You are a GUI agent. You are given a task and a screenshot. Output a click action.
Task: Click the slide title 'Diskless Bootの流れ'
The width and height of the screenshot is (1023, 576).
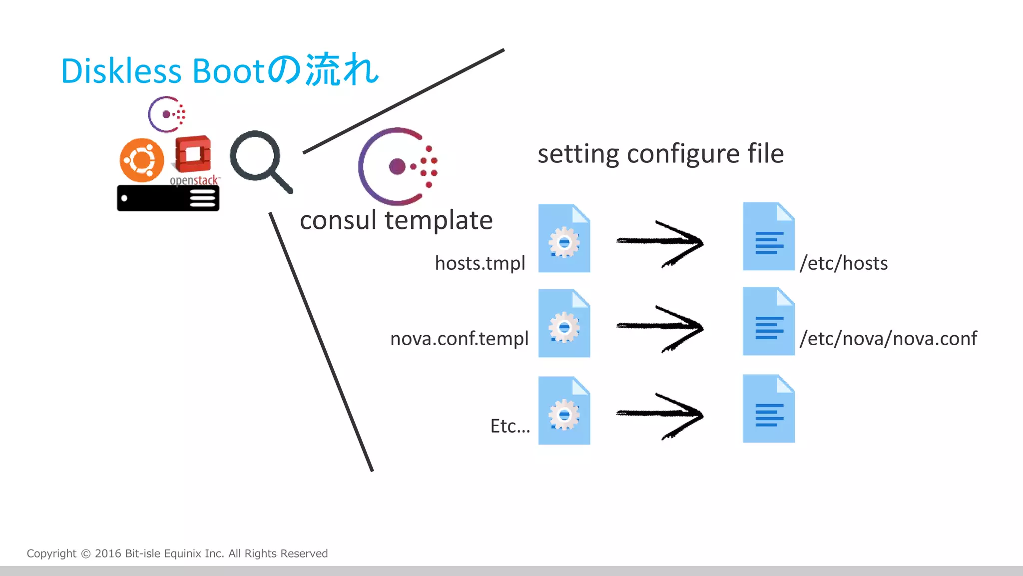coord(220,70)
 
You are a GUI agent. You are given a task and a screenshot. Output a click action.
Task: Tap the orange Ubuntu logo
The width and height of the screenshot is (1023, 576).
coord(142,160)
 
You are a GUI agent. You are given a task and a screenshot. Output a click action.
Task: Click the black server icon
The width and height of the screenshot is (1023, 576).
coord(168,198)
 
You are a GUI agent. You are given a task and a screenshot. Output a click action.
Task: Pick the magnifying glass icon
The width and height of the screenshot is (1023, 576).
coord(260,160)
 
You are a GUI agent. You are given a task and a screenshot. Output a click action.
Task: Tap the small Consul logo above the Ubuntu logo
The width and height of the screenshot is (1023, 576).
coord(167,114)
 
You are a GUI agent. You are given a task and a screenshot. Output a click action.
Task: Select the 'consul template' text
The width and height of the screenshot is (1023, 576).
coord(396,220)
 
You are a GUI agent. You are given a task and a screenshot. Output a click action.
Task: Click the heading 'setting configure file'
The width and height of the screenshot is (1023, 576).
coord(660,153)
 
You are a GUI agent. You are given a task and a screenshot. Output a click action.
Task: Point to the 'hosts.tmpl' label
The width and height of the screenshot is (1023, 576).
coord(480,263)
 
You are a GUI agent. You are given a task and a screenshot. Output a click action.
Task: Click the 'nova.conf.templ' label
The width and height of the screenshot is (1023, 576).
coord(459,338)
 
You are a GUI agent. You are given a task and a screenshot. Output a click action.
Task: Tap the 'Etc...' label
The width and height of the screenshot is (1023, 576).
coord(510,426)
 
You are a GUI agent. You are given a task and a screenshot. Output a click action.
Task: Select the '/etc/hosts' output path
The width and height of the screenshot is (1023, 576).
coord(844,263)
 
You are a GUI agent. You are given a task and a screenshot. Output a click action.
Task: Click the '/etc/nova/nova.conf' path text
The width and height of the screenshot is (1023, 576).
coord(888,338)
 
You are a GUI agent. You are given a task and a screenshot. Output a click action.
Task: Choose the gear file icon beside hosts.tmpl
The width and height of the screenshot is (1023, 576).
coord(564,238)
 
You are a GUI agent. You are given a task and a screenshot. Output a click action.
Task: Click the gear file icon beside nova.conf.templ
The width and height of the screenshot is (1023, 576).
coord(564,323)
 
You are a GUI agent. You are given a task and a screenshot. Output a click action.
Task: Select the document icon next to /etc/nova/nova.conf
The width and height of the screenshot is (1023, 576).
coord(768,321)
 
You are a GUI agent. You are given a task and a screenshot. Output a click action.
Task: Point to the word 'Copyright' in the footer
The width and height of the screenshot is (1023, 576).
coord(51,554)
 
